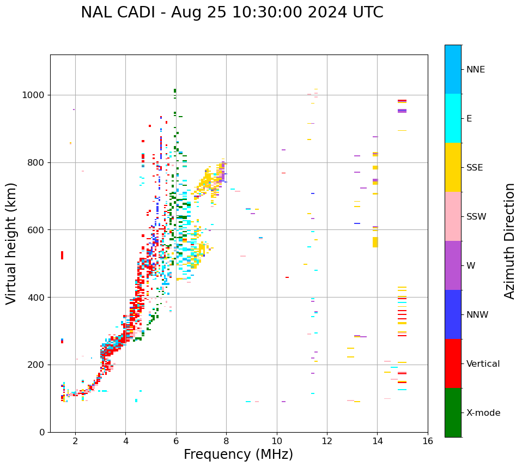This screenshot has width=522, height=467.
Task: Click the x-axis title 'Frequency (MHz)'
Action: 238,454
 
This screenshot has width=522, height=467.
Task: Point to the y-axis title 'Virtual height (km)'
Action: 11,243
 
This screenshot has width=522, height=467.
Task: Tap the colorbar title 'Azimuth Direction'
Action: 509,240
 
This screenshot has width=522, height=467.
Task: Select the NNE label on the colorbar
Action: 475,70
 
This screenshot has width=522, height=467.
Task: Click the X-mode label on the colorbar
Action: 483,413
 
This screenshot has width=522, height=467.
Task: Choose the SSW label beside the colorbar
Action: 476,217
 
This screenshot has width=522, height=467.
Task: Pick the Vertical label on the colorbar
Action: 483,364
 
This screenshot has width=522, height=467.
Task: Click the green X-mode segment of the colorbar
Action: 453,413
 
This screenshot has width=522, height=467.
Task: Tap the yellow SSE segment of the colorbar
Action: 453,167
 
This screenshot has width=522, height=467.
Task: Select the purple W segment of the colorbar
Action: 453,265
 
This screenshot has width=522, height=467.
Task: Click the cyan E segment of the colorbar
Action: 453,118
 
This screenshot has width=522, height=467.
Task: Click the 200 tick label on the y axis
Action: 37,365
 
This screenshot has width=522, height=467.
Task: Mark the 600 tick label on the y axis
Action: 37,230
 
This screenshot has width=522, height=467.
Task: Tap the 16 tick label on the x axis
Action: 428,441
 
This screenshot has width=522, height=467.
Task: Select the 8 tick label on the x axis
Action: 226,441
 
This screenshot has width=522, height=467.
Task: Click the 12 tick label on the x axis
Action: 327,441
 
